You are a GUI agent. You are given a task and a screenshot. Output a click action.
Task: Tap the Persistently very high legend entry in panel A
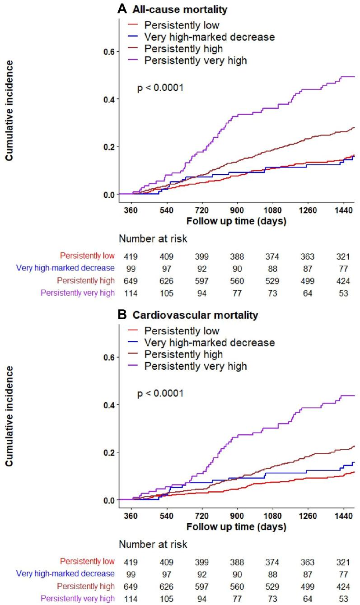196,60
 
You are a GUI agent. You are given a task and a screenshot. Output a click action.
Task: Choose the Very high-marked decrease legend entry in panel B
209,343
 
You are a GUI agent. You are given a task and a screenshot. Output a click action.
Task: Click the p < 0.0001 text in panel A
160,88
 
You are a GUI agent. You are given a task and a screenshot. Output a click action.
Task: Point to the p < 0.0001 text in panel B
160,394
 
